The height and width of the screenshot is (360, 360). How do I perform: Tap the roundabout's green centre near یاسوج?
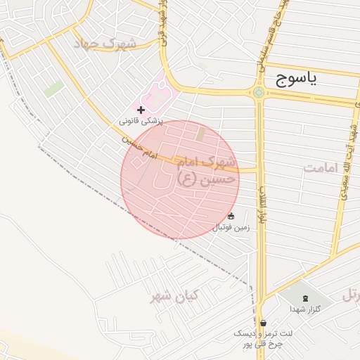(259, 91)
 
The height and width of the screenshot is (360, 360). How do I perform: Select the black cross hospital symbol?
(141, 110)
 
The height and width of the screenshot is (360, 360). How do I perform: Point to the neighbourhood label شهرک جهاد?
(108, 44)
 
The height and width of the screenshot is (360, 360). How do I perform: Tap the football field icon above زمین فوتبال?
(231, 216)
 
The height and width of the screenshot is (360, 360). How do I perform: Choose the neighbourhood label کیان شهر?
(174, 296)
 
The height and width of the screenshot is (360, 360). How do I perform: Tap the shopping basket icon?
(263, 323)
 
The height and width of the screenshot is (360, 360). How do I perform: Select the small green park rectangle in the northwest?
(53, 89)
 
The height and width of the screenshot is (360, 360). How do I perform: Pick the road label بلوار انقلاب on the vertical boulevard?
(264, 204)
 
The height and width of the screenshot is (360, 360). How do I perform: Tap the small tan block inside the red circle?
(201, 133)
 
